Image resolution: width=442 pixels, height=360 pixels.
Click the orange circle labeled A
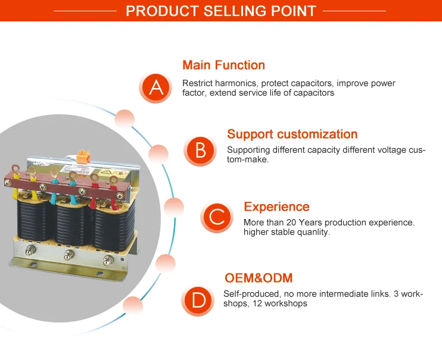tap(156, 87)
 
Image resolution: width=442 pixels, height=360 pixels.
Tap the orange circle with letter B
tap(201, 151)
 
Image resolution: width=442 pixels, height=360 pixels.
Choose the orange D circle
tap(198, 299)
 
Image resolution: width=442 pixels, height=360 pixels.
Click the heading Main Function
tap(223, 65)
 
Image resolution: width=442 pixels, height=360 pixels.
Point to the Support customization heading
tap(292, 134)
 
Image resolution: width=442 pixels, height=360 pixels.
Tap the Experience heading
tap(276, 206)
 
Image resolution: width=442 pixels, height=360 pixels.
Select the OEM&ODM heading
tap(259, 278)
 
